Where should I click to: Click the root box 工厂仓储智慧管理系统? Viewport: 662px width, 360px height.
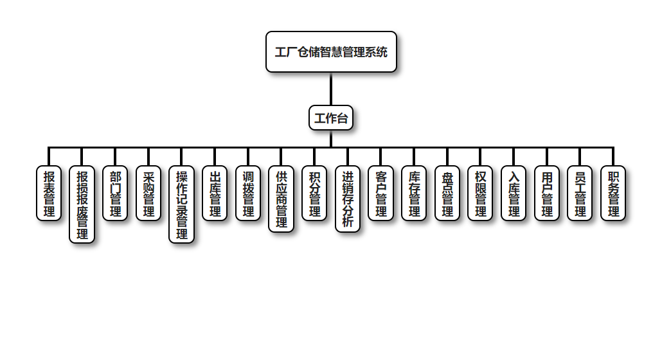[331, 52]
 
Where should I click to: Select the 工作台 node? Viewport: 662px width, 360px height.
[331, 118]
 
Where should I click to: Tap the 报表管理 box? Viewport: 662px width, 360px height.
[49, 193]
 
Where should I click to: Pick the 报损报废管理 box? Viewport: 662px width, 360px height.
[82, 204]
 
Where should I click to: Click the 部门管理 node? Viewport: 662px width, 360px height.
[116, 193]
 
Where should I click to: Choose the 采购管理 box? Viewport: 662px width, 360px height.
[148, 193]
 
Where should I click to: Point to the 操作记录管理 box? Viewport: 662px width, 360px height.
[182, 204]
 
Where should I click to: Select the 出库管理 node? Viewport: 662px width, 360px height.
[215, 193]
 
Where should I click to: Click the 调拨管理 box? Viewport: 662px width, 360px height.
[248, 193]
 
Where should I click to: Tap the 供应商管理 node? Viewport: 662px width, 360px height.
[282, 199]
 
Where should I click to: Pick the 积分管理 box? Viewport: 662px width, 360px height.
[314, 193]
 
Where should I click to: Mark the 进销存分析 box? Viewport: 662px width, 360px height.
[348, 199]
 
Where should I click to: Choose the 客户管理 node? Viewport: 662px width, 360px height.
[381, 193]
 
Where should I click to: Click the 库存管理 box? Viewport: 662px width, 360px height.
[414, 193]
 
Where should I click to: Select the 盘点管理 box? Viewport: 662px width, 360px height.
[447, 193]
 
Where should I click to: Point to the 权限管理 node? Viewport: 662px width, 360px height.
[480, 193]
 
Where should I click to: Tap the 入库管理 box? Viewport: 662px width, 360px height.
[514, 193]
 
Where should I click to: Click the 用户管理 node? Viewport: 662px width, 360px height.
[547, 193]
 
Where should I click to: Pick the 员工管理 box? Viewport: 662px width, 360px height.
[580, 193]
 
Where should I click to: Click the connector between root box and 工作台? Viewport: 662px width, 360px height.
[331, 89]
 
